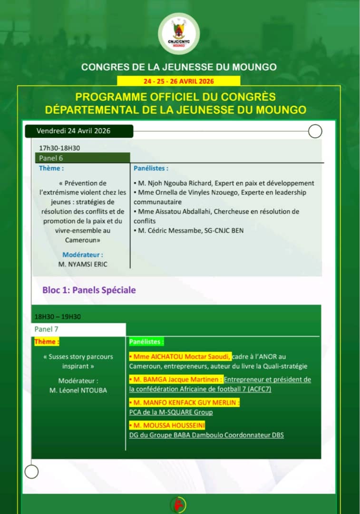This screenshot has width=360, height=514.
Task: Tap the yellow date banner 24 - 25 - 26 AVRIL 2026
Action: pos(179,81)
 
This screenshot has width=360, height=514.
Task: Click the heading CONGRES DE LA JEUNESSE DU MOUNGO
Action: pos(179,67)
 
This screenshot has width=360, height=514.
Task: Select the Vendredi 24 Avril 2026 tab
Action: pos(74,131)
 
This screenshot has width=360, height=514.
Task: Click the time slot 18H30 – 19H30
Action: pos(58,316)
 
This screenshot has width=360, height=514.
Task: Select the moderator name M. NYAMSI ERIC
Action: pos(83,264)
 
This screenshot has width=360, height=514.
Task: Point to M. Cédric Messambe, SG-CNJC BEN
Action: pos(189,231)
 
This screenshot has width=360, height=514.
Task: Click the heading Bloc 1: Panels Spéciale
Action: pos(89,290)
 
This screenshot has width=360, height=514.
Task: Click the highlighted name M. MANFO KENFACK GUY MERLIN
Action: pos(185,403)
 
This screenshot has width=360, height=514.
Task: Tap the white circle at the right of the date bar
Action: pos(315,131)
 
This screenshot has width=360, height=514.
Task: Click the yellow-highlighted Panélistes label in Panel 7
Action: pos(146,342)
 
